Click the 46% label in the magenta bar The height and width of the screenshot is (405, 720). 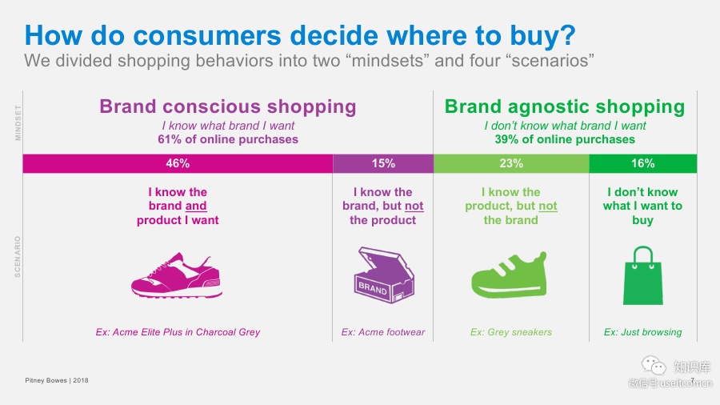click(x=178, y=163)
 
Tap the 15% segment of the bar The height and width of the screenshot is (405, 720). click(x=383, y=163)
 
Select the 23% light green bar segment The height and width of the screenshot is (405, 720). click(x=511, y=163)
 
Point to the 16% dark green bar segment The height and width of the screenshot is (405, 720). click(x=643, y=163)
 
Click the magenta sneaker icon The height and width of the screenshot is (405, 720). click(x=177, y=275)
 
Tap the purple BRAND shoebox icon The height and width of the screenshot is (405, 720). click(x=384, y=275)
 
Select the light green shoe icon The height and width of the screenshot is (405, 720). click(x=510, y=275)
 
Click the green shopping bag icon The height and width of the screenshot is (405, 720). click(x=643, y=275)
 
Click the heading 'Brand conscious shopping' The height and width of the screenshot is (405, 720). click(x=228, y=106)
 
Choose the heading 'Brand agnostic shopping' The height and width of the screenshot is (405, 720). click(x=565, y=106)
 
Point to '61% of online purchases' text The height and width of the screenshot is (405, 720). click(x=228, y=139)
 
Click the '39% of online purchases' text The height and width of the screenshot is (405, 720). click(x=565, y=139)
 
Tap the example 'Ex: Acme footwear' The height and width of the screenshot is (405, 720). click(x=383, y=332)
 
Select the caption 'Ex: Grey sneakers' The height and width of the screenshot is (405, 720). click(x=511, y=332)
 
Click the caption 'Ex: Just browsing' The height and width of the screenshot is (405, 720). click(x=643, y=332)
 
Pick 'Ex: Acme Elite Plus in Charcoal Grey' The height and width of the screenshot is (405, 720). click(x=178, y=332)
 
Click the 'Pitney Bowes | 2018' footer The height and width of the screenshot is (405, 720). click(x=57, y=380)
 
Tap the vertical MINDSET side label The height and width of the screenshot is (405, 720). click(x=18, y=122)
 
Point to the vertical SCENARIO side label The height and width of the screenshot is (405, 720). click(x=18, y=257)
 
